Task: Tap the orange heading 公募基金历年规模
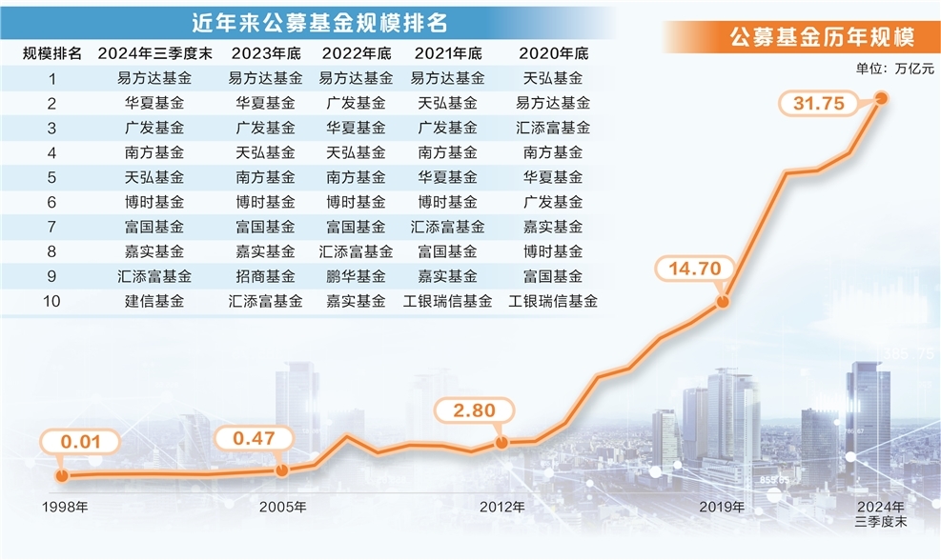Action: point(821,38)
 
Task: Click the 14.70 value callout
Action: point(693,270)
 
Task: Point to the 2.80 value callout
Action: point(474,410)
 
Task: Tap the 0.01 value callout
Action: point(81,442)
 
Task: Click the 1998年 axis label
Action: point(65,506)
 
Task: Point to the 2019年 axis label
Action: point(722,506)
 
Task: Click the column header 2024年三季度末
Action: point(148,53)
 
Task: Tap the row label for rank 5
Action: point(52,177)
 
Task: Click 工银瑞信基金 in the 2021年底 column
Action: point(447,301)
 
